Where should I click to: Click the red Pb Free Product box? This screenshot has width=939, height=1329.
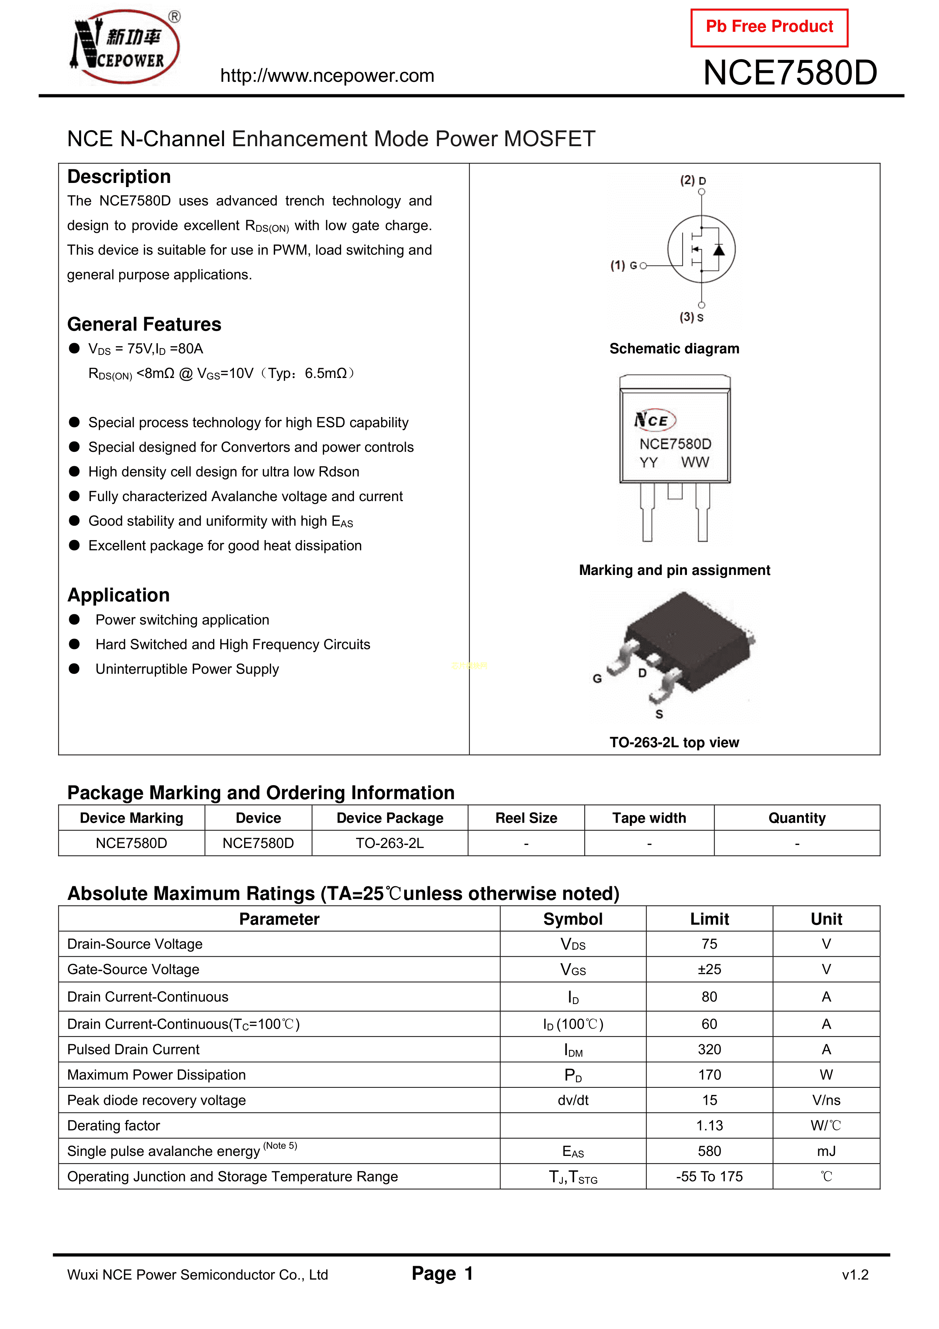(769, 27)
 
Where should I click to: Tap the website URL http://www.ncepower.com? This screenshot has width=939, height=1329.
(327, 76)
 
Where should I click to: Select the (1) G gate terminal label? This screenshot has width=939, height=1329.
(624, 265)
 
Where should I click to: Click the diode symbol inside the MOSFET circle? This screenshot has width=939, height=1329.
(719, 250)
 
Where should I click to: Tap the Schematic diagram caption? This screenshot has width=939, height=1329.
(674, 348)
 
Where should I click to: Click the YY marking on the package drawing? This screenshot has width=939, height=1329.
(649, 462)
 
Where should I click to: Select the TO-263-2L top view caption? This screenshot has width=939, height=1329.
(674, 743)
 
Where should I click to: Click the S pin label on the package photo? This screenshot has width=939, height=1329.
(659, 714)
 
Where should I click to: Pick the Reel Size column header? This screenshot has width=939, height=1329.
(526, 818)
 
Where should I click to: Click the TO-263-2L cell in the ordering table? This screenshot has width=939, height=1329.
(389, 843)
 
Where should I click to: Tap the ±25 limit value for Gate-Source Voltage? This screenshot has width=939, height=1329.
(709, 970)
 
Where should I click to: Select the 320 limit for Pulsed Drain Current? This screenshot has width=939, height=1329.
(709, 1049)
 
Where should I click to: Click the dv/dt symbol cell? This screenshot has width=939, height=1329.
(573, 1100)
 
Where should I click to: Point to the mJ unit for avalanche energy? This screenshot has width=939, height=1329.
(826, 1151)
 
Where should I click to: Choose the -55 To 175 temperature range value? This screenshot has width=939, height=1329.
(709, 1177)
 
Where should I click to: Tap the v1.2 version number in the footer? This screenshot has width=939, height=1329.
(855, 1275)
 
